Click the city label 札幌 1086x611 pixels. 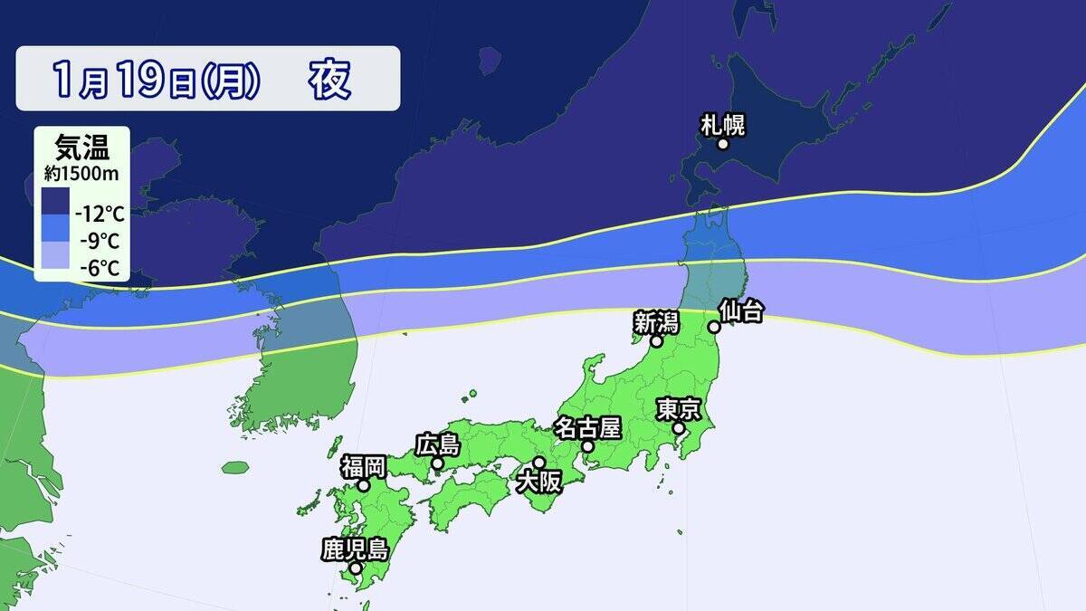pyautogui.click(x=723, y=124)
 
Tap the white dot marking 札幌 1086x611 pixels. pyautogui.click(x=723, y=144)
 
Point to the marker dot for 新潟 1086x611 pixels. pyautogui.click(x=656, y=342)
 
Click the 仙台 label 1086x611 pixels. pyautogui.click(x=741, y=310)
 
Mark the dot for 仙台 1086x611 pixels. pyautogui.click(x=714, y=327)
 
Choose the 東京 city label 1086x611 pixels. pyautogui.click(x=679, y=409)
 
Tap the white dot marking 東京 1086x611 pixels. pyautogui.click(x=679, y=428)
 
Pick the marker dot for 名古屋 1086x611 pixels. pyautogui.click(x=587, y=446)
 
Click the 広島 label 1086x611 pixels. pyautogui.click(x=438, y=444)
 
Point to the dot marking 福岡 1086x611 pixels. pyautogui.click(x=364, y=485)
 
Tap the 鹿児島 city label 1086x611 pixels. pyautogui.click(x=355, y=549)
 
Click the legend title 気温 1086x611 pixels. pyautogui.click(x=81, y=147)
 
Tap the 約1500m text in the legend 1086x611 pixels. pyautogui.click(x=81, y=171)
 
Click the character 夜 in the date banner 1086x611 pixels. pyautogui.click(x=330, y=80)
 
